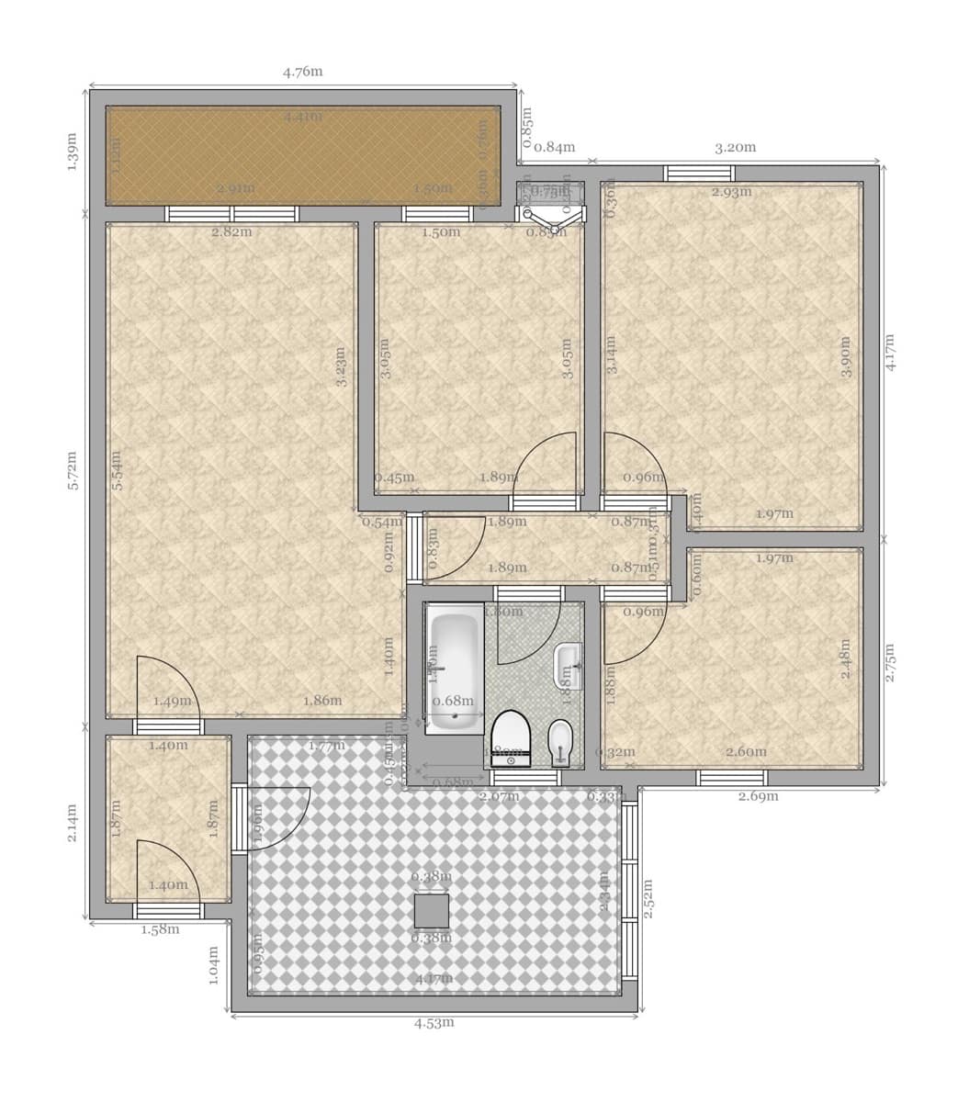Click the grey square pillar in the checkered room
[432, 911]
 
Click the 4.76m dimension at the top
[302, 72]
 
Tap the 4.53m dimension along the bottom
[434, 1022]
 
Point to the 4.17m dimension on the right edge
[890, 352]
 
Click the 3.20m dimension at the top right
[735, 147]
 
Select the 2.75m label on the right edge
[890, 661]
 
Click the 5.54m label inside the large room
[117, 470]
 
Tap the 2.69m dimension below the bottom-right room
[758, 796]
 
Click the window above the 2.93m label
[699, 173]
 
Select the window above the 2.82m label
[231, 214]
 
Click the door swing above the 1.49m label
[166, 684]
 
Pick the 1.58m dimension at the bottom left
[160, 929]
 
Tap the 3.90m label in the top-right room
[846, 356]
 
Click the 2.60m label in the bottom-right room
[746, 752]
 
